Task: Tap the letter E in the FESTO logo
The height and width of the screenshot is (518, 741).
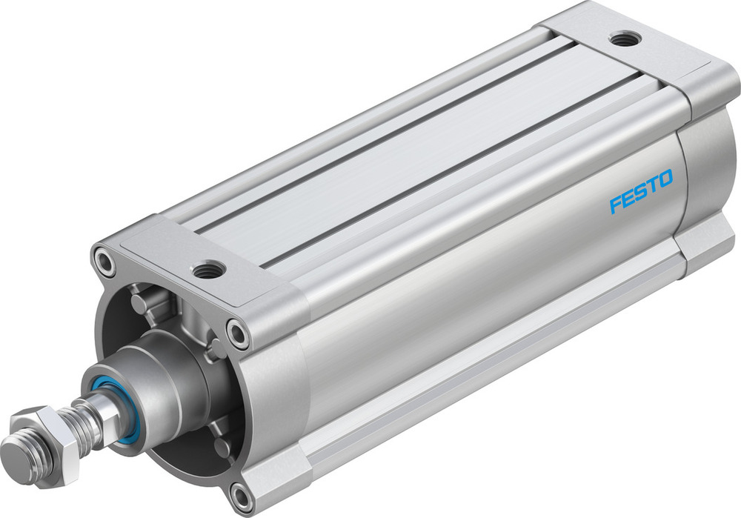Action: (628, 199)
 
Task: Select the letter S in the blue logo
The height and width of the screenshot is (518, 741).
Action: (641, 193)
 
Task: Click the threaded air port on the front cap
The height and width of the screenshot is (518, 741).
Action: (210, 268)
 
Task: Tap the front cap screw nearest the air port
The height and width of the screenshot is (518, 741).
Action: (239, 331)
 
